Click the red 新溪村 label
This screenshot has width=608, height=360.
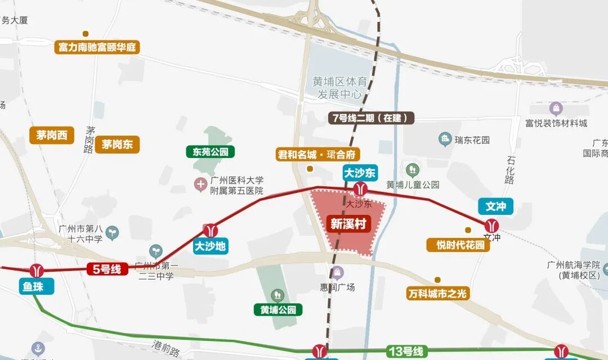[x=348, y=223]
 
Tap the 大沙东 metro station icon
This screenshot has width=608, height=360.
[x=360, y=190]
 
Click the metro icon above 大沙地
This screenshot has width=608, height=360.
[x=210, y=231]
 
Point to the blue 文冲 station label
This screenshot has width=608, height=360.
[x=495, y=206]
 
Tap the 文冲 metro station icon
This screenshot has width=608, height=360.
[x=492, y=226]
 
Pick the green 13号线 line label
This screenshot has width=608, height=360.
[x=405, y=352]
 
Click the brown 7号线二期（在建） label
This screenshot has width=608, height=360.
[x=371, y=118]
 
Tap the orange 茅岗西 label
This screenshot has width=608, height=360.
[x=52, y=135]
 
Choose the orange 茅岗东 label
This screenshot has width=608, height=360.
[x=117, y=144]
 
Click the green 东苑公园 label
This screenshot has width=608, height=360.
[x=210, y=152]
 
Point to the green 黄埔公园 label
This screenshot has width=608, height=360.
[x=278, y=309]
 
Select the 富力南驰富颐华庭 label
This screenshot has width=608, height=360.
[x=98, y=47]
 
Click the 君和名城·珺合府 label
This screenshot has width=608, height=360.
[x=318, y=154]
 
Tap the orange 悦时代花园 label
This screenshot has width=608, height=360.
[x=460, y=245]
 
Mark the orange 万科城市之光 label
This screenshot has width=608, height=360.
[x=437, y=293]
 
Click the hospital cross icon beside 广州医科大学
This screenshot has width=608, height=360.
[x=200, y=184]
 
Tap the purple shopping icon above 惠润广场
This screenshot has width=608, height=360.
[x=337, y=273]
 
